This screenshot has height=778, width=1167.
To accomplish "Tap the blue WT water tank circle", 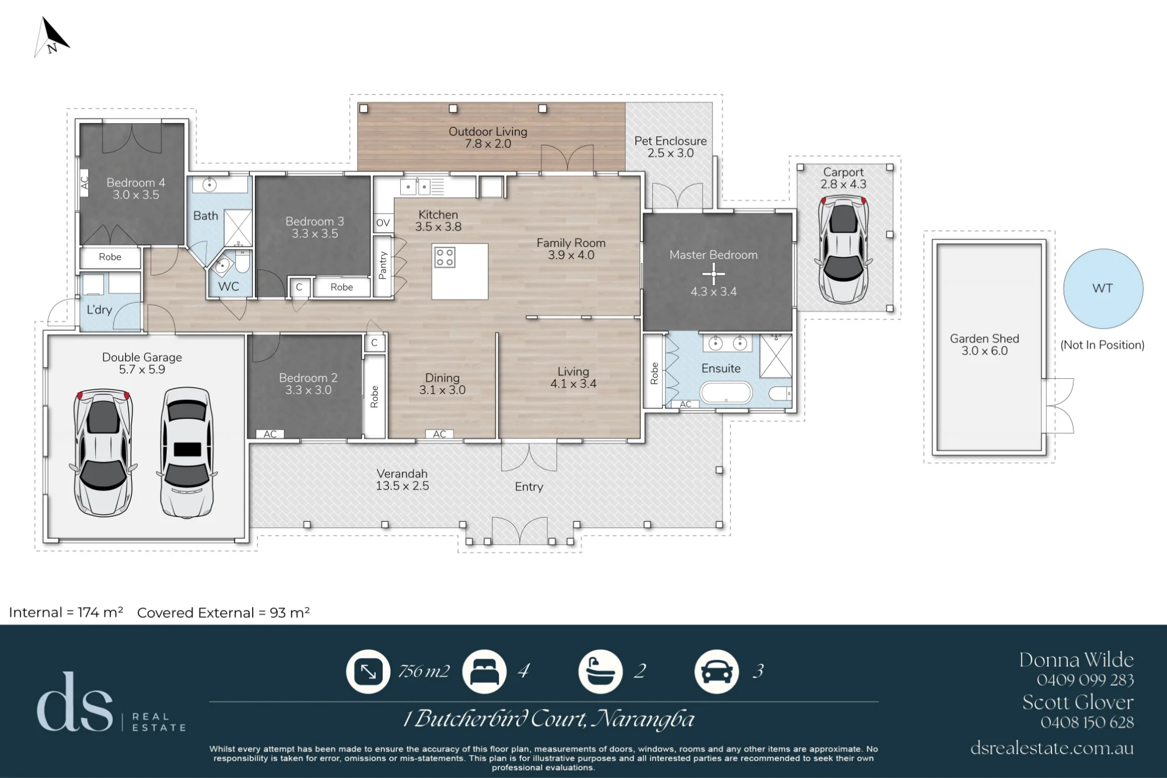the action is [1103, 288].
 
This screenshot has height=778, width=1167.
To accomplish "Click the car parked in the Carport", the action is [843, 250].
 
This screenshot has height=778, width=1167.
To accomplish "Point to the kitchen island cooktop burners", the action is [445, 257].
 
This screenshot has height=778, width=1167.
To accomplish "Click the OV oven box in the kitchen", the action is [383, 222].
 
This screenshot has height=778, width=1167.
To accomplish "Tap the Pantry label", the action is [383, 266].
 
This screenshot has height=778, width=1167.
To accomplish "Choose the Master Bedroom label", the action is [713, 255].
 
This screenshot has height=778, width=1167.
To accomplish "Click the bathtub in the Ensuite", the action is [726, 392].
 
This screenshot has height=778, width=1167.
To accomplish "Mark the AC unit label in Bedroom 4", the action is [84, 183].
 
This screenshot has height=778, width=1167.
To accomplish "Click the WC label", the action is [229, 287].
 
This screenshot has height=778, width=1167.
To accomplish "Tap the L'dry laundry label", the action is [99, 310].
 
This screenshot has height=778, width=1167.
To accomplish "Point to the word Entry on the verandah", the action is [529, 487].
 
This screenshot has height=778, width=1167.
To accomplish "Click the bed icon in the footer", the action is [484, 672].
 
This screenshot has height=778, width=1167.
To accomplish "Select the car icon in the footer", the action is [717, 672].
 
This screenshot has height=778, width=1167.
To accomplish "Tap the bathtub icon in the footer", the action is [600, 672].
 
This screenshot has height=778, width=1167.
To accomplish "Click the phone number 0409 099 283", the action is [1085, 680].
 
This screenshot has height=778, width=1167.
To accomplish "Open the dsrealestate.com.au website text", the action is [1052, 748].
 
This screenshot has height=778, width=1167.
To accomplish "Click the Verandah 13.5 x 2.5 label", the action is [402, 480].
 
